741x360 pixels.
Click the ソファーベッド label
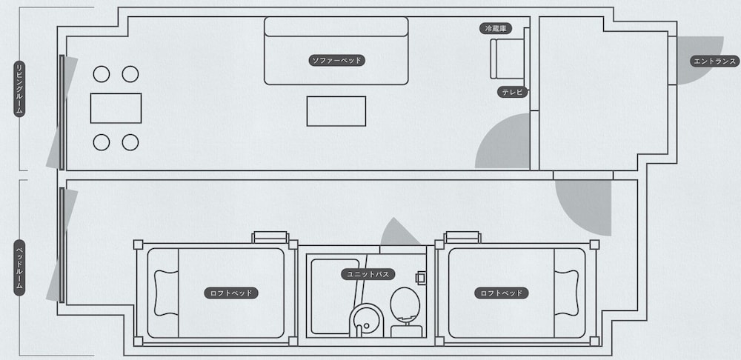(337, 61)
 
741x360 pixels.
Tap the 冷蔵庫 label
(495, 29)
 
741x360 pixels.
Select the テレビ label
(512, 92)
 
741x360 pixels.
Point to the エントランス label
(714, 61)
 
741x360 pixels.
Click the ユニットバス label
(368, 274)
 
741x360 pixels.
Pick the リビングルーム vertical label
(19, 88)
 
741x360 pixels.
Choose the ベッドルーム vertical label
(19, 267)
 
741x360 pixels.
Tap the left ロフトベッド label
(231, 293)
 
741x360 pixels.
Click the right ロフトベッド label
(502, 293)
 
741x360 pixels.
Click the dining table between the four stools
(116, 108)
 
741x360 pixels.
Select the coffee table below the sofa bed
(336, 111)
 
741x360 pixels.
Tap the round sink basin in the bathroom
(367, 319)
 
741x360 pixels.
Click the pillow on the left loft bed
(166, 293)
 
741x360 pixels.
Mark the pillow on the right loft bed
(566, 293)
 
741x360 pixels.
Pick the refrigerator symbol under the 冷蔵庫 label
(507, 59)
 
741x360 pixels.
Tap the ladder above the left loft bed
(270, 237)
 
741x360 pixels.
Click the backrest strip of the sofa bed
(336, 27)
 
